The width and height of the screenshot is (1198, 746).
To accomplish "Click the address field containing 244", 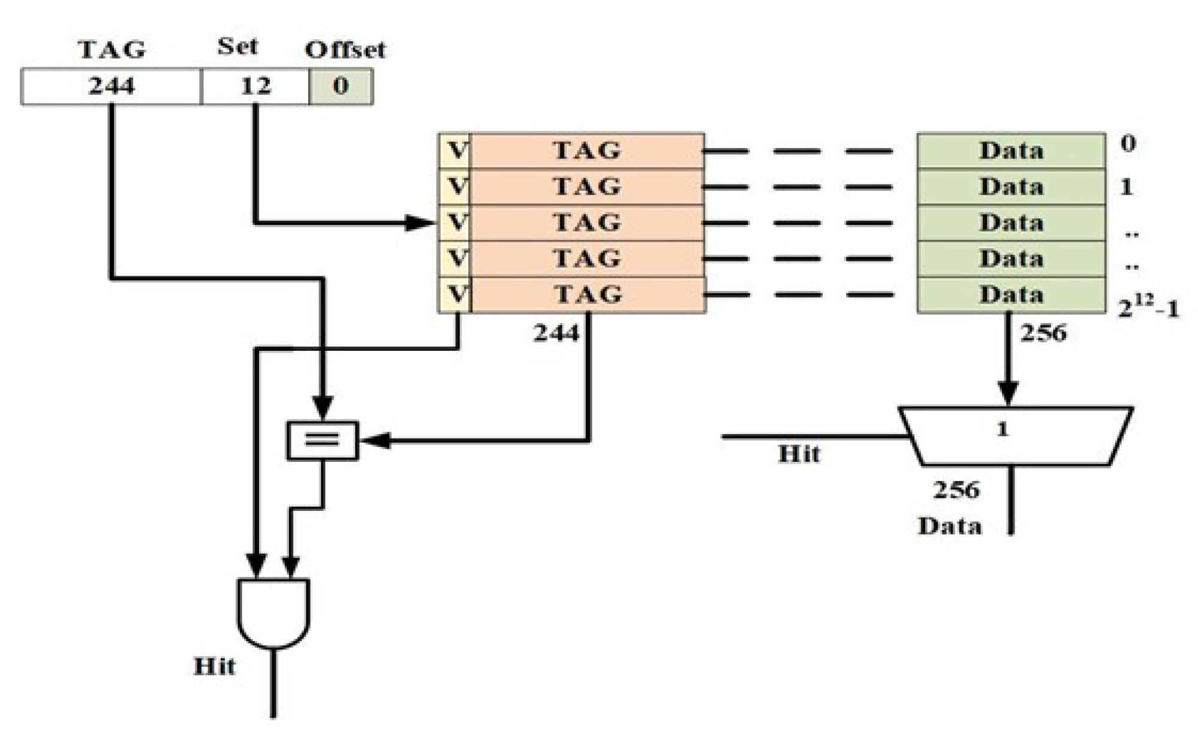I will click(x=111, y=87).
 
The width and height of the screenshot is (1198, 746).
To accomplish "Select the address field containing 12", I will click(x=255, y=87).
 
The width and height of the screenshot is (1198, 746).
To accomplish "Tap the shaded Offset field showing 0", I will click(x=341, y=87).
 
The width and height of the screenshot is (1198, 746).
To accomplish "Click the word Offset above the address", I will click(x=345, y=50).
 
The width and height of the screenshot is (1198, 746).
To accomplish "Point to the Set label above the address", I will click(x=237, y=46).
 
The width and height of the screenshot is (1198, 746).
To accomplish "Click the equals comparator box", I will click(x=323, y=441).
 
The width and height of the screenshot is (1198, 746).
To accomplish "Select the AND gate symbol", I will click(x=274, y=612).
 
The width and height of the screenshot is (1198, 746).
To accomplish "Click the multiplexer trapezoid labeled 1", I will click(x=1015, y=437).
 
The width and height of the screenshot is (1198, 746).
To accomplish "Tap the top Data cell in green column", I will click(x=1011, y=151).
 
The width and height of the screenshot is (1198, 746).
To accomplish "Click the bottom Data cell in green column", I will click(x=1011, y=294).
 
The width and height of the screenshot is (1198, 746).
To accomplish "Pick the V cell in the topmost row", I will click(x=456, y=151).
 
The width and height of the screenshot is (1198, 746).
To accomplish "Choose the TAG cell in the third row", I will click(x=586, y=222).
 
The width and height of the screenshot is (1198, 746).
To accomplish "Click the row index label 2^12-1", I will click(x=1148, y=308).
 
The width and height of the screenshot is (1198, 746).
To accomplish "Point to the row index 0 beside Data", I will click(x=1128, y=143).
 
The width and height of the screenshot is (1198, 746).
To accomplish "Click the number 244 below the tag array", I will click(x=556, y=332).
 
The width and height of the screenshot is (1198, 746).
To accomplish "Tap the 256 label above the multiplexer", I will click(x=1043, y=332).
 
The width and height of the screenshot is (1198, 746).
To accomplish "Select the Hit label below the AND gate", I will click(x=214, y=666).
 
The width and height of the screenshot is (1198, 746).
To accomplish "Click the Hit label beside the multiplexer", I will click(x=799, y=454).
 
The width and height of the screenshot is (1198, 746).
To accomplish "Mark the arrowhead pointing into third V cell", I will click(x=422, y=223).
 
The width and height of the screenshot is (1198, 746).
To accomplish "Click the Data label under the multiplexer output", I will click(x=950, y=526).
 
